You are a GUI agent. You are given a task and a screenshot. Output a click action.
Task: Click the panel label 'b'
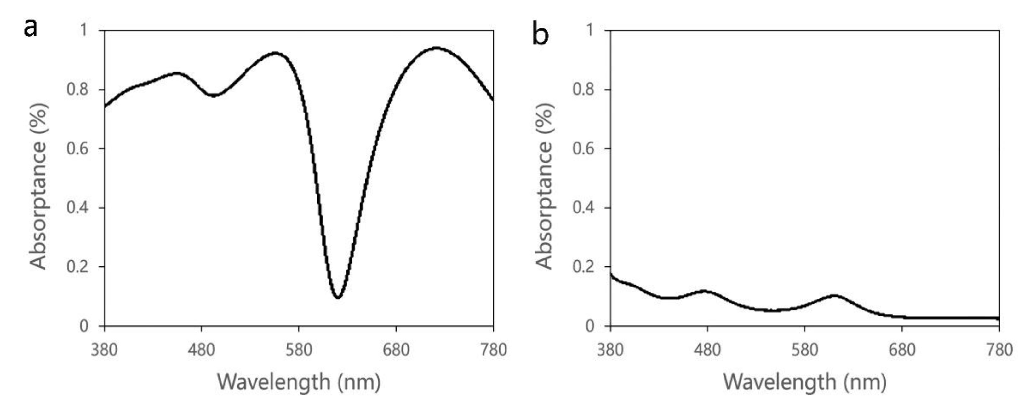point(540,35)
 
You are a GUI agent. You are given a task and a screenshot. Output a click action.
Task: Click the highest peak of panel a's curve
point(437,48)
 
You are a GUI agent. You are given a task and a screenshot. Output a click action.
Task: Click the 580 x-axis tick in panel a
point(299,350)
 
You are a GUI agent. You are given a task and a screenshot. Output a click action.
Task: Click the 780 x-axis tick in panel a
point(493,350)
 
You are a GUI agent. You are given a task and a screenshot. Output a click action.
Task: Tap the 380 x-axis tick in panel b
point(610,350)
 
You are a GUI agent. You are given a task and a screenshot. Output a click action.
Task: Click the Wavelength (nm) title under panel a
point(299,382)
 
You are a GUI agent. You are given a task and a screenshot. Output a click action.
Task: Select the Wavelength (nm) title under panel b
point(804,382)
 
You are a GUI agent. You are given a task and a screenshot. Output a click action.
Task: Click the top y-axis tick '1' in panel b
point(590,30)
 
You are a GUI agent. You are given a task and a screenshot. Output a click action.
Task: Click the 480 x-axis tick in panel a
point(202,350)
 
